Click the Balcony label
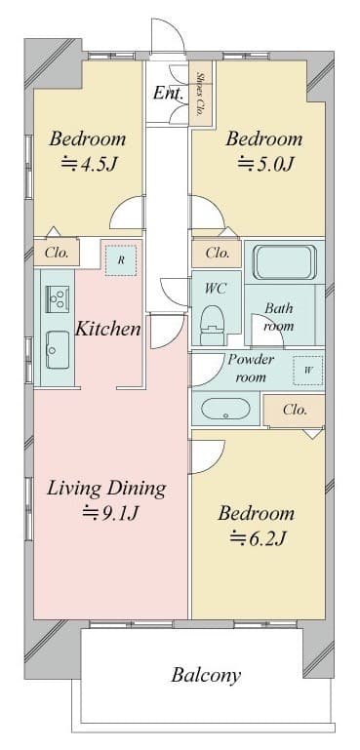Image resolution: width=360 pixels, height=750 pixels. (x=206, y=675)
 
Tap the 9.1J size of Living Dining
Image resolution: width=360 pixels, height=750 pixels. (x=110, y=513)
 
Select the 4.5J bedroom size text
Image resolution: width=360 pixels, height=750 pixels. (x=89, y=164)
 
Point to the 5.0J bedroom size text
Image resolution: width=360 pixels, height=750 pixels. (x=264, y=164)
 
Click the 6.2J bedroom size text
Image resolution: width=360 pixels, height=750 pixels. (x=258, y=538)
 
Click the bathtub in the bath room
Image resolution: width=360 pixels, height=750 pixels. (x=285, y=262)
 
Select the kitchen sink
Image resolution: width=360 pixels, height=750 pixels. (x=58, y=350)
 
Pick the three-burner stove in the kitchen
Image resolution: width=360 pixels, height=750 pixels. (x=58, y=299)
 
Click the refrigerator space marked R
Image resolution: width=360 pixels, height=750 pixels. (x=121, y=260)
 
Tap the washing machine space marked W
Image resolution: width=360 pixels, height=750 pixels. (x=308, y=371)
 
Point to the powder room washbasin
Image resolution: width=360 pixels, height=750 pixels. (x=225, y=409)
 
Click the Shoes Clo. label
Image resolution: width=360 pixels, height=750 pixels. (x=199, y=93)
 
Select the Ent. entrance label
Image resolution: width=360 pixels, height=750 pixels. (x=169, y=93)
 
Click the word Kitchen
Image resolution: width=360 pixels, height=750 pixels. (x=108, y=329)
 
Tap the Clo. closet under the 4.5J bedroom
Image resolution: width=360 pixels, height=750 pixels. (x=56, y=252)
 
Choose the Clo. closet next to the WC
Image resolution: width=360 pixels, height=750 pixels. (x=217, y=254)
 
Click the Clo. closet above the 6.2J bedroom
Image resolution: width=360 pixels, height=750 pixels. (x=295, y=411)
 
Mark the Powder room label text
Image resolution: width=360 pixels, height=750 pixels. (x=251, y=368)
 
